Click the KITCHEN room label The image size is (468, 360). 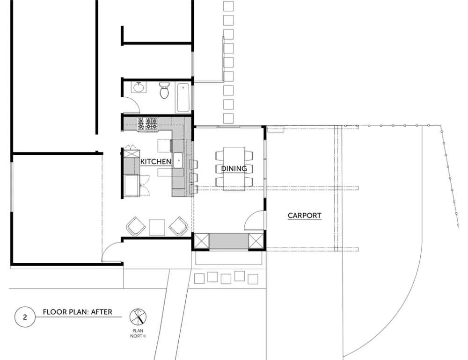click(155, 161)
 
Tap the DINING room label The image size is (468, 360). click(234, 168)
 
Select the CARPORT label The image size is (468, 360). click(305, 216)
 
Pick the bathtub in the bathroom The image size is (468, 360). click(183, 98)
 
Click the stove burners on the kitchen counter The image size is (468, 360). click(147, 124)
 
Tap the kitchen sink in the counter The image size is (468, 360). click(178, 160)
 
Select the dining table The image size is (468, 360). click(234, 168)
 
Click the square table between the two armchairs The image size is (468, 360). click(157, 227)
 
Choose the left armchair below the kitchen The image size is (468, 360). click(136, 226)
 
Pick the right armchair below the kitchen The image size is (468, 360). click(178, 226)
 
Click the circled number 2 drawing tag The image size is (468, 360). click(25, 317)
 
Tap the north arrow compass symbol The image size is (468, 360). click(138, 317)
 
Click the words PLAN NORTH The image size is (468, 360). click(138, 333)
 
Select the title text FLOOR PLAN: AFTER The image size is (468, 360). click(78, 312)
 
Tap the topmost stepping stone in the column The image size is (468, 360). click(228, 6)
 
